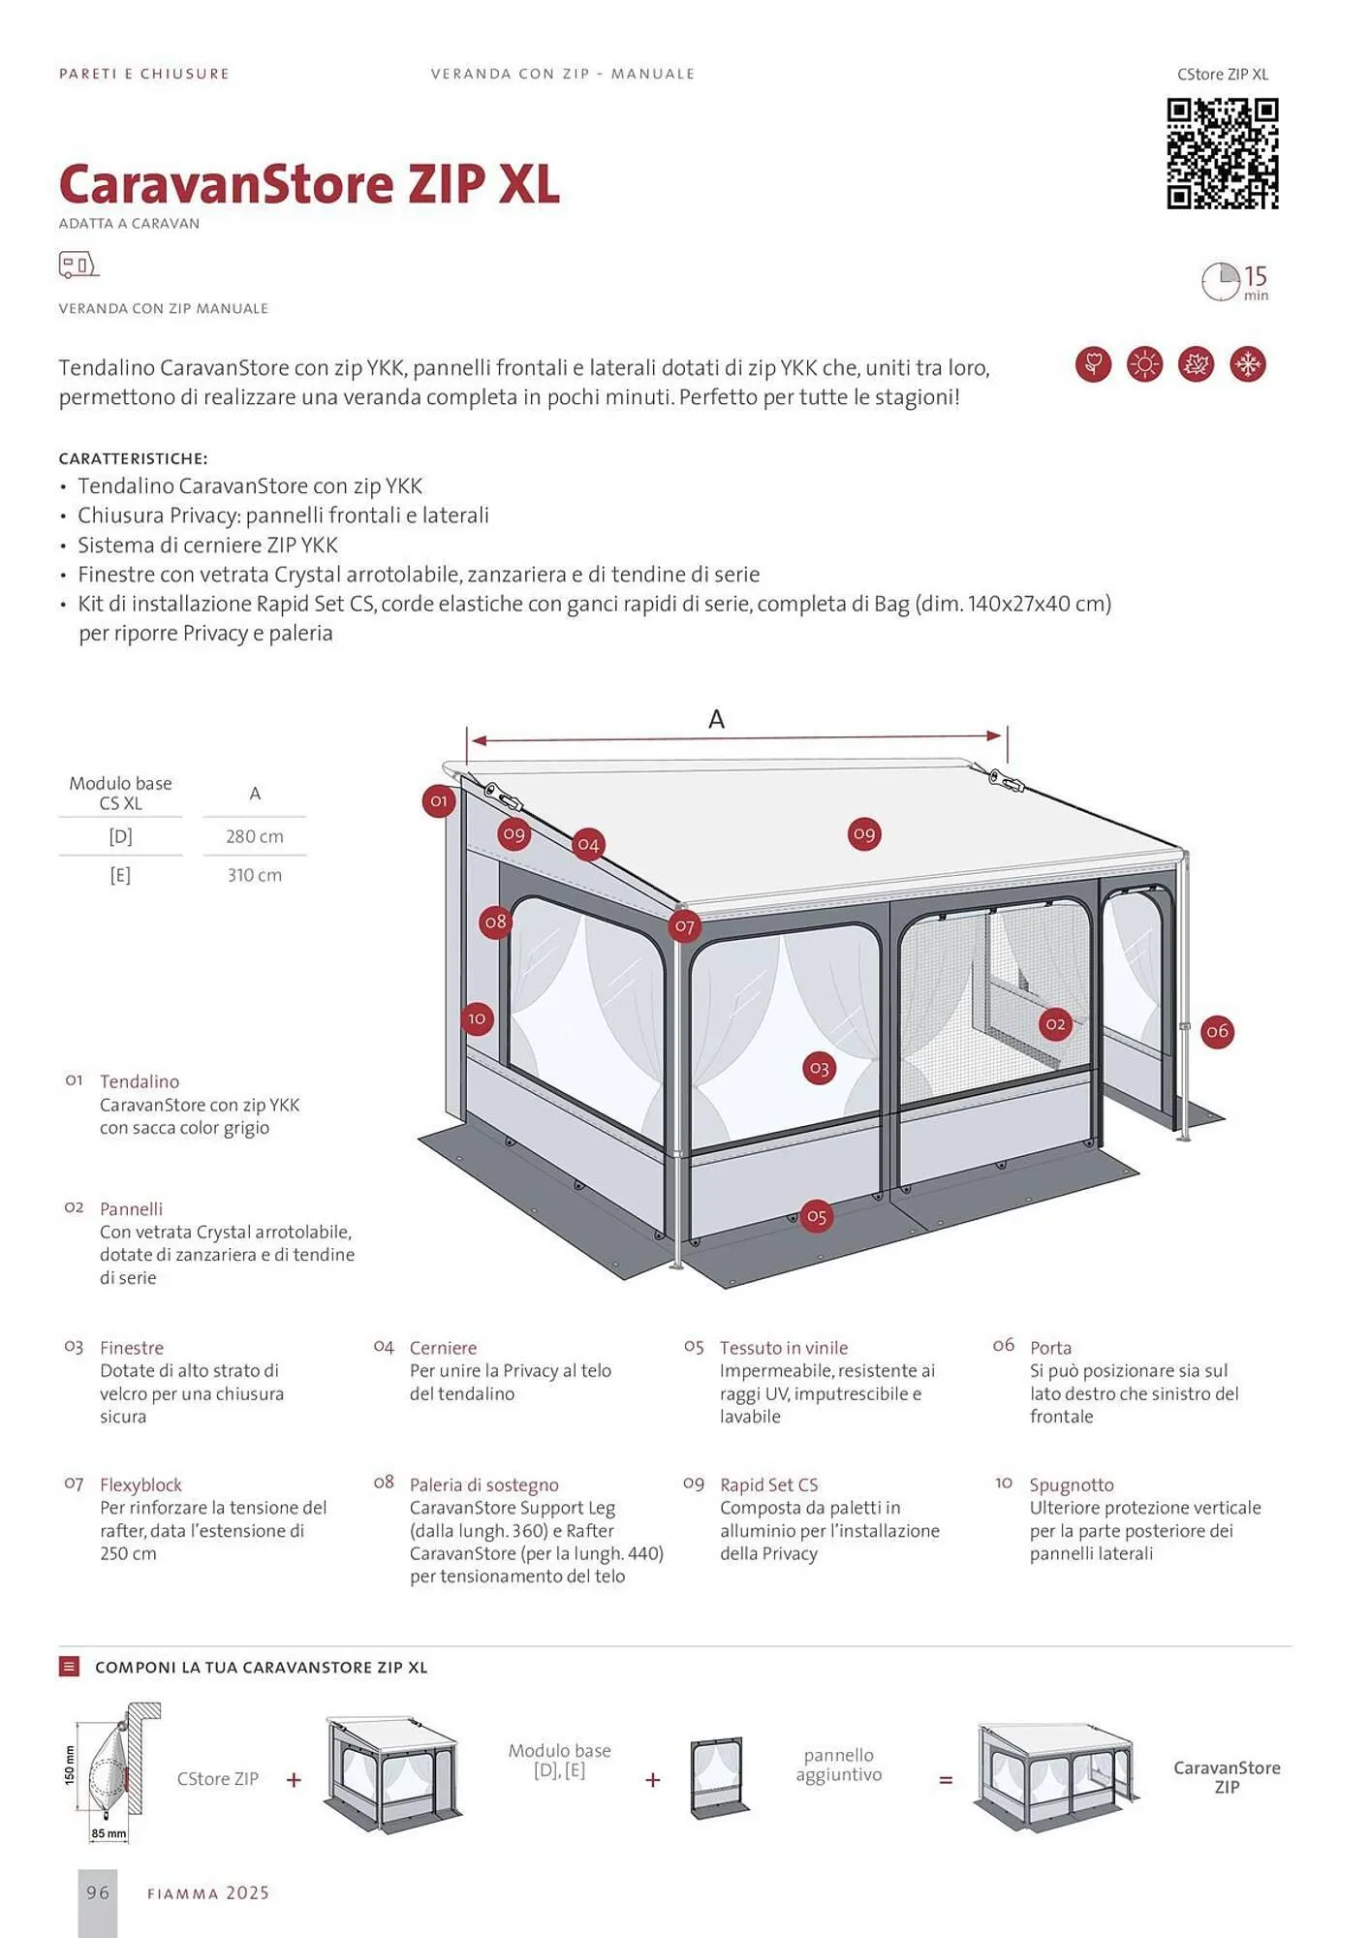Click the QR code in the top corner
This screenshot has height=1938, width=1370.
point(1222,153)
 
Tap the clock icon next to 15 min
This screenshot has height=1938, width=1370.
point(1220,281)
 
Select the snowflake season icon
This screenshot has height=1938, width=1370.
point(1247,364)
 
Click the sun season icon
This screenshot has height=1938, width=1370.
point(1144,364)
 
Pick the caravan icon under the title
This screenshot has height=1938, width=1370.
point(78,265)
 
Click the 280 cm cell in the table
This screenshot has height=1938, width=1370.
point(255,836)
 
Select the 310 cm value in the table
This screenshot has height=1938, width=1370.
point(255,875)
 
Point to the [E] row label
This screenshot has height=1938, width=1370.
point(120,875)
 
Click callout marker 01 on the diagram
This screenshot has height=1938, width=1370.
point(439,801)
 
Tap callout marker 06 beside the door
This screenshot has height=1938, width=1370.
point(1217,1032)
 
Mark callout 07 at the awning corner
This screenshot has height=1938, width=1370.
point(685,926)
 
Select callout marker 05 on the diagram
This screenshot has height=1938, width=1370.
point(817,1217)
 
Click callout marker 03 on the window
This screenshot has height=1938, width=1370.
point(820,1069)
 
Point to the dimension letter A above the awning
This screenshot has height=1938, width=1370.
point(716,719)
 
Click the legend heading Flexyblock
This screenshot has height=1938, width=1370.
point(140,1485)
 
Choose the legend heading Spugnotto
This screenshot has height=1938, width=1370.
point(1071,1485)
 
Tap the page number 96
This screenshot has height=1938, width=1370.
point(98,1892)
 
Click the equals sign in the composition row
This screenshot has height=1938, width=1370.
point(946,1780)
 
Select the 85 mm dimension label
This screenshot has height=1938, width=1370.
point(109,1833)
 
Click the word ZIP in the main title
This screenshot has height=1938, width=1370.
point(446,184)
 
